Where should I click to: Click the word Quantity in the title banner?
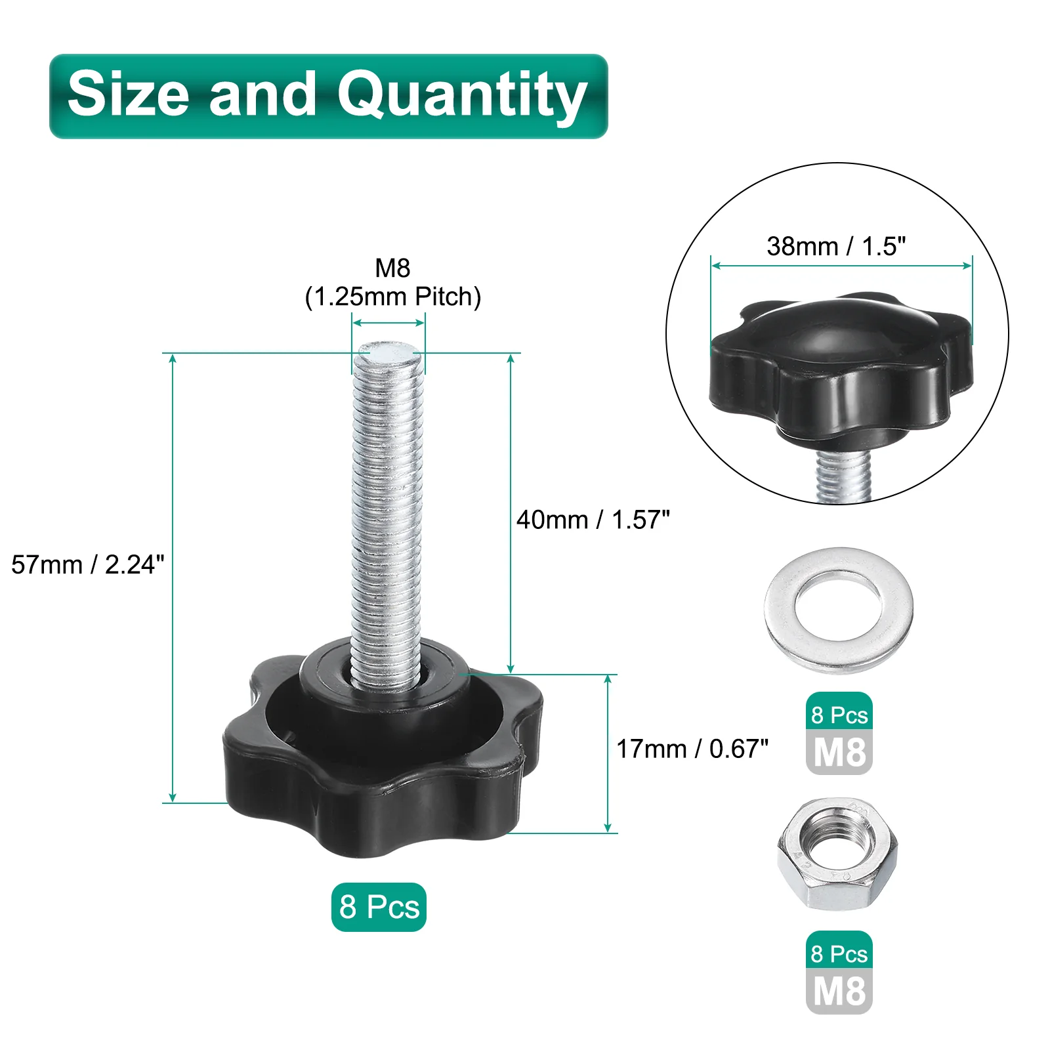462,96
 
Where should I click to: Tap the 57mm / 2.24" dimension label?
88,564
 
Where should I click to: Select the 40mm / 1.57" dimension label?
593,520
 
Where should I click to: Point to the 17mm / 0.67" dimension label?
692,749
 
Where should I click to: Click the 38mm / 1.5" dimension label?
836,247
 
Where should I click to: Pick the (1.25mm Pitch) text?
393,297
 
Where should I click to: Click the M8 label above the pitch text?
392,268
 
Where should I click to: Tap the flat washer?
839,610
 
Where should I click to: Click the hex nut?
837,853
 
